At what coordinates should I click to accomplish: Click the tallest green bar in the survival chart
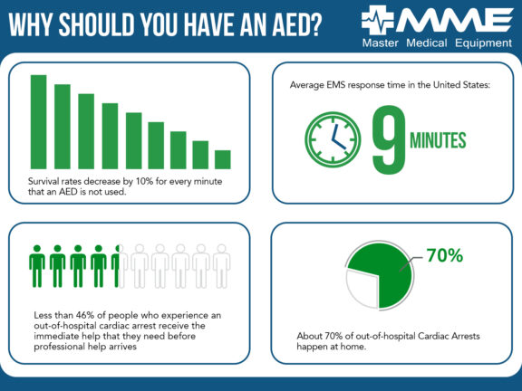click(x=38, y=121)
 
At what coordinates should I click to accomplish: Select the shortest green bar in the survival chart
click(x=223, y=159)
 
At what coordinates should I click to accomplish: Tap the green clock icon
click(x=333, y=140)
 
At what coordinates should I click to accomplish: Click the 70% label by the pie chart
click(x=444, y=256)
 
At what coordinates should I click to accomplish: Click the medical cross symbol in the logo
click(x=379, y=21)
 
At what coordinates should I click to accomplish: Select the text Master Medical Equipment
click(x=435, y=43)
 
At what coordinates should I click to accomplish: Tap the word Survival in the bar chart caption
click(x=51, y=183)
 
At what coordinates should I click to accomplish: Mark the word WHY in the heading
click(x=32, y=25)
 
